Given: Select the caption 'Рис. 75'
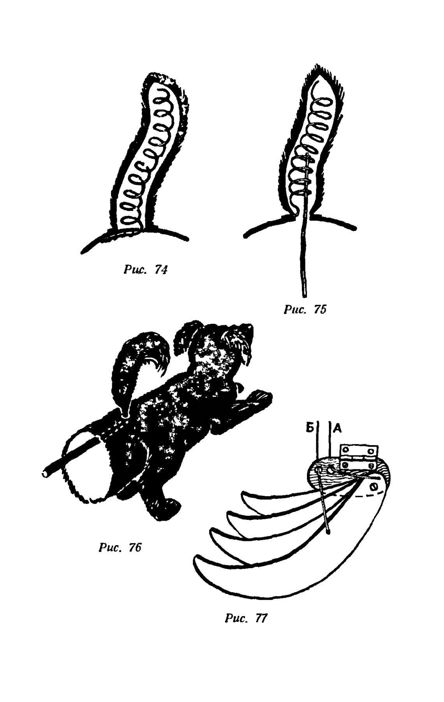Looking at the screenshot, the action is coord(305,310).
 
